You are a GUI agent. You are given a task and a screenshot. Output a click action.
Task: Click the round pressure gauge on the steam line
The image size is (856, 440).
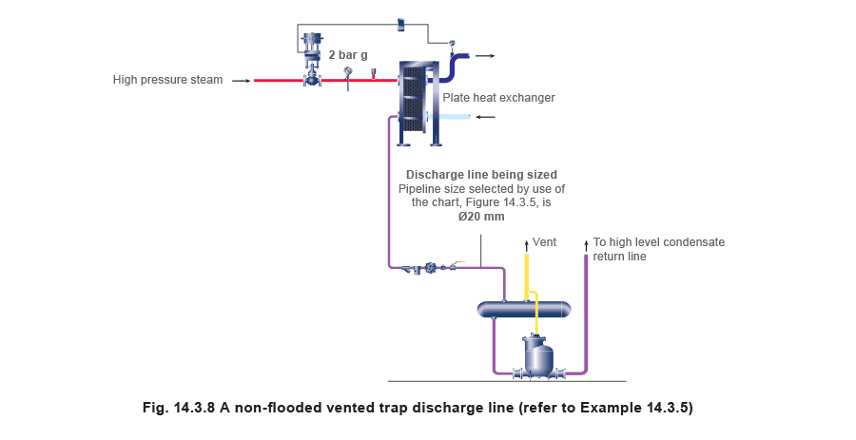tap(349, 73)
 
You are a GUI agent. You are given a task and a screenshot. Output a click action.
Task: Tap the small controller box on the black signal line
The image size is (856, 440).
tap(400, 24)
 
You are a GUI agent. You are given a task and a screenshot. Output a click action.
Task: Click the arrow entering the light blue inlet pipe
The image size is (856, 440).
tap(485, 117)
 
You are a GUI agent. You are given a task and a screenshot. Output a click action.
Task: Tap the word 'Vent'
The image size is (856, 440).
tap(544, 242)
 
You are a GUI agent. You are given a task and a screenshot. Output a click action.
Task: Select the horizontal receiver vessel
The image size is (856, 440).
tap(524, 309)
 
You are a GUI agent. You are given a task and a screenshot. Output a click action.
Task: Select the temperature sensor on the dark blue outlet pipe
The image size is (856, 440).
tap(452, 43)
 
